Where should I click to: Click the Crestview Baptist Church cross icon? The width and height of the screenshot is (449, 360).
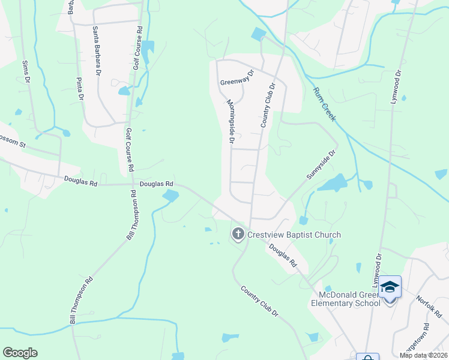238,234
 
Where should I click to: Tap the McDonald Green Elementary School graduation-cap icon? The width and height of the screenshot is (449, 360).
390,287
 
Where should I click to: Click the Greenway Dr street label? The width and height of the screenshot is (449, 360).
237,77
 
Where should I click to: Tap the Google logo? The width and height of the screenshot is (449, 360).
20,353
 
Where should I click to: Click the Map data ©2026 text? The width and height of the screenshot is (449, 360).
423,355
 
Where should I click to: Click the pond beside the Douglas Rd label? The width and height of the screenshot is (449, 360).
170,195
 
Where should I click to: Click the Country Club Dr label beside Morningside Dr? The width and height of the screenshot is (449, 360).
268,105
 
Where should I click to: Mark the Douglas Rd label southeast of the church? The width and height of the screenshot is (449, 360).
283,255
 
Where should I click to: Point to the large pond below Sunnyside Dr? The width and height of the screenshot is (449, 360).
333,182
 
